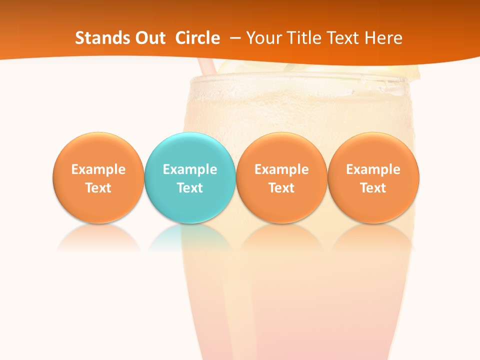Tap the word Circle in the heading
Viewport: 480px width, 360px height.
pyautogui.click(x=197, y=38)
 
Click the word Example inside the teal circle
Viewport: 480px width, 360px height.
pyautogui.click(x=190, y=169)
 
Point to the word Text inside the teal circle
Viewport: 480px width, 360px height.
pyautogui.click(x=190, y=188)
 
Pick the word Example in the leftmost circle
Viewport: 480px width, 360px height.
pyautogui.click(x=98, y=169)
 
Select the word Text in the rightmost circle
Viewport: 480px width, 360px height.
pyautogui.click(x=373, y=188)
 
